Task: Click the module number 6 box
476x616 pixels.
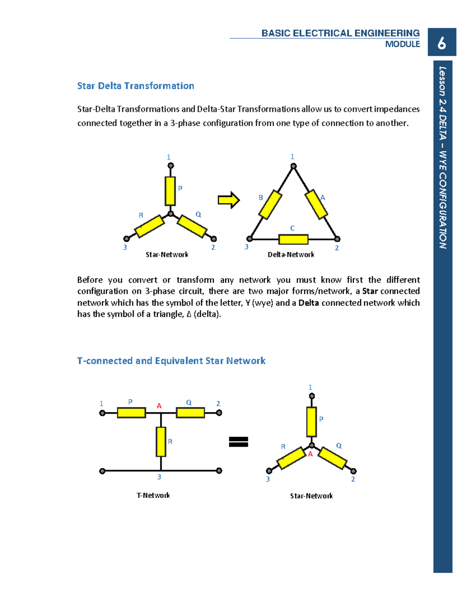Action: point(441,42)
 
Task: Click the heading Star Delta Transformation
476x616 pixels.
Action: point(135,86)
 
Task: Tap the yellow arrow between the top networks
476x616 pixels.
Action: point(228,200)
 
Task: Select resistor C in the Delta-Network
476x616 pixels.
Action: point(293,239)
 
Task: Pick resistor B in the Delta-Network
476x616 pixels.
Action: point(270,205)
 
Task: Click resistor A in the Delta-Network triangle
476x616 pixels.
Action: point(316,204)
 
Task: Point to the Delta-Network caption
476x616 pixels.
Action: point(291,255)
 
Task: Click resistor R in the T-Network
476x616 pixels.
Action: point(161,441)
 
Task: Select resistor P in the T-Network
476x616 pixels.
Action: point(131,413)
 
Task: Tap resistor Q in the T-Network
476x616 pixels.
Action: point(190,413)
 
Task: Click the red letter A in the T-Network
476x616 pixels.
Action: point(159,406)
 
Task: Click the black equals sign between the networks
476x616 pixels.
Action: point(238,441)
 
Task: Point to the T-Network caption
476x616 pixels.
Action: point(153,495)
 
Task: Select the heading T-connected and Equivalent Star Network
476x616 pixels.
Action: point(171,361)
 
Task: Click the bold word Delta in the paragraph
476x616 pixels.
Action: point(309,303)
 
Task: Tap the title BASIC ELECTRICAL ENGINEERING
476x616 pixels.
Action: point(340,33)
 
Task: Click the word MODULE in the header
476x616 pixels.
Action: point(402,44)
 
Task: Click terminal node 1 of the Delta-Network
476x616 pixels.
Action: point(294,166)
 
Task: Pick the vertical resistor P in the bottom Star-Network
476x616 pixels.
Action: point(311,422)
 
